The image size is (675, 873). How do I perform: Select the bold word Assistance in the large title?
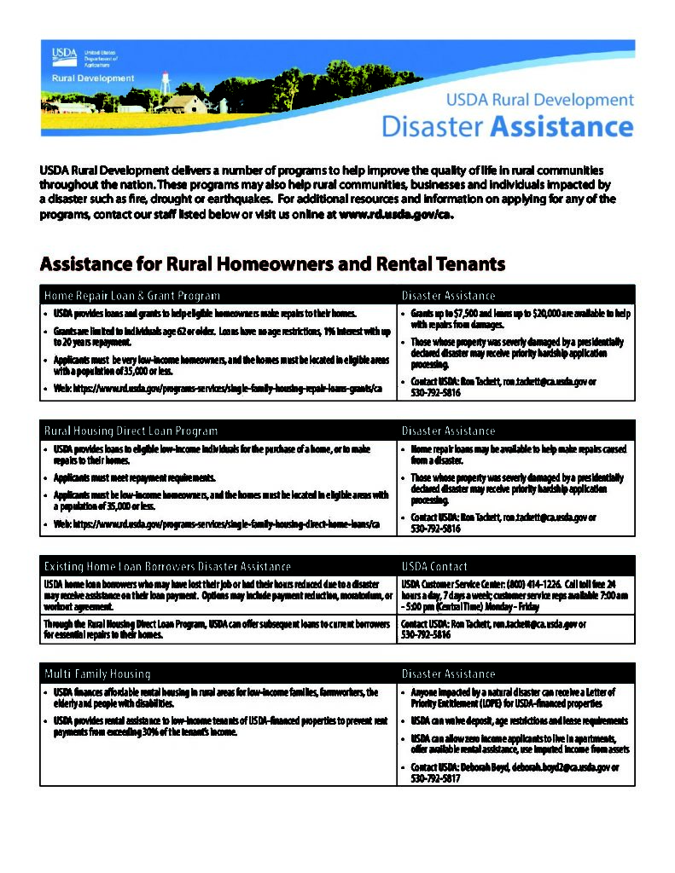pyautogui.click(x=562, y=127)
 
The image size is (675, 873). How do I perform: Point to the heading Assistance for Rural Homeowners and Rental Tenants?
pyautogui.click(x=272, y=263)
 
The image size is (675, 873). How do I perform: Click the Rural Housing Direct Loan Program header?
pyautogui.click(x=131, y=431)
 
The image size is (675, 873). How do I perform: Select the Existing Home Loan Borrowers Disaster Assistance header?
pyautogui.click(x=167, y=566)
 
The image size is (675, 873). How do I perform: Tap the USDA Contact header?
pyautogui.click(x=434, y=566)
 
